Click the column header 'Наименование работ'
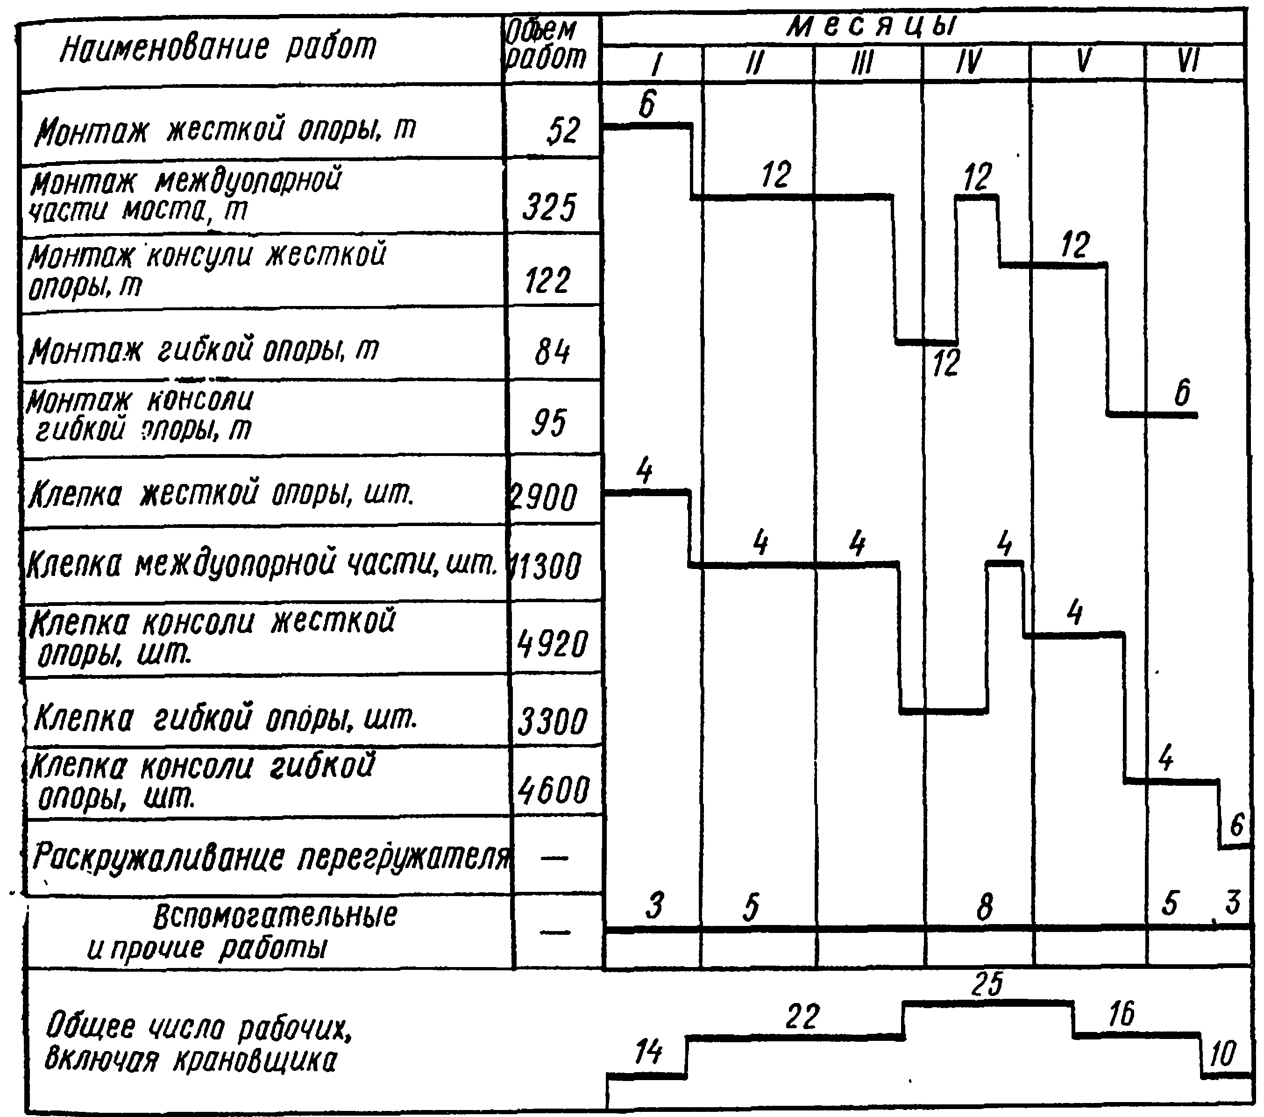[x=218, y=48]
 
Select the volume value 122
[x=548, y=281]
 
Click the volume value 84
[x=552, y=353]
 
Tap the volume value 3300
[x=552, y=722]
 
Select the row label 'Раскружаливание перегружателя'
[x=271, y=857]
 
